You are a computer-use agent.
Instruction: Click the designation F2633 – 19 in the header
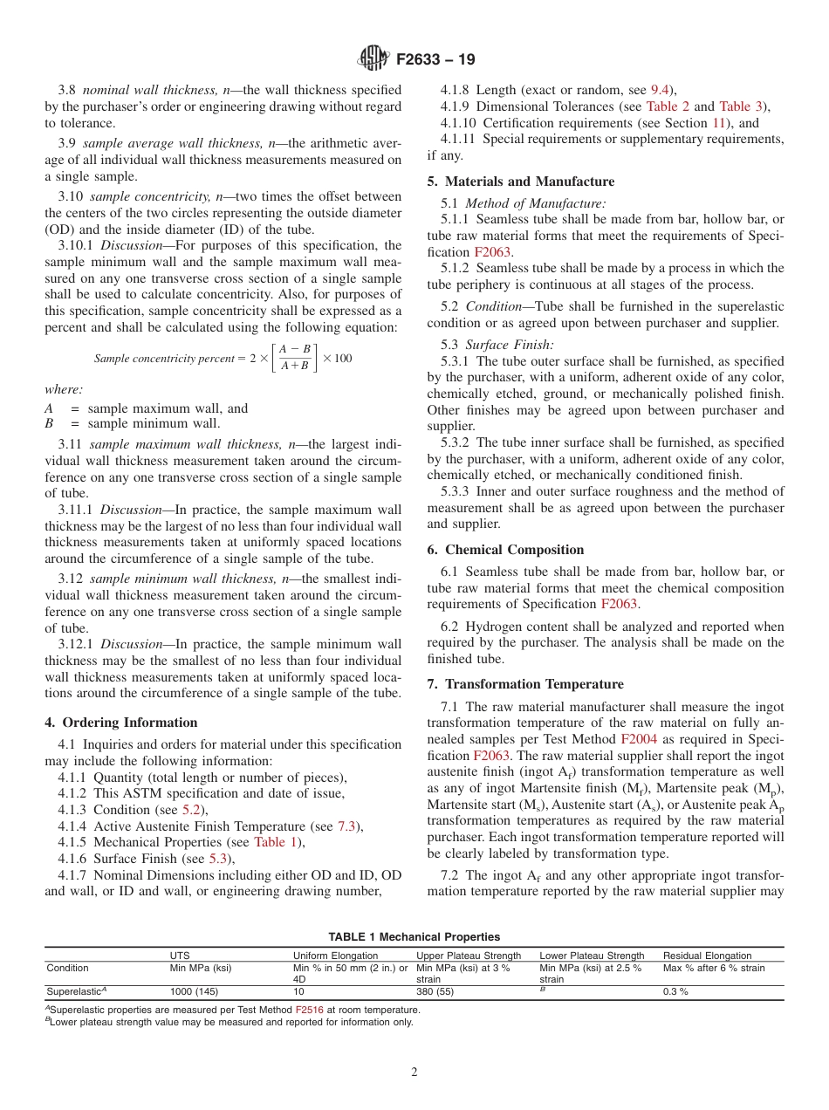click(x=435, y=60)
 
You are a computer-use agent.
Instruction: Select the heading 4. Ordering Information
click(x=121, y=723)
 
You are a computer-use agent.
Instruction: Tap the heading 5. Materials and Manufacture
click(x=521, y=182)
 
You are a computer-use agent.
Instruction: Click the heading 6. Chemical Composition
click(x=505, y=550)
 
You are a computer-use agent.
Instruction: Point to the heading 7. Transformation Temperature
click(x=524, y=683)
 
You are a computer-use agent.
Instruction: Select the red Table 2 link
click(x=668, y=106)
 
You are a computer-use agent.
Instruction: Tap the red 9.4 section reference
click(x=661, y=90)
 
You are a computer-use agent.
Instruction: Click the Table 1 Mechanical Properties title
click(x=414, y=937)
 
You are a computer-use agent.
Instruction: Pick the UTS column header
click(x=179, y=956)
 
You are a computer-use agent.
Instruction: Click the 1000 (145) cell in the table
click(x=194, y=992)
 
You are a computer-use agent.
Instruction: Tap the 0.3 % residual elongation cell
click(x=675, y=992)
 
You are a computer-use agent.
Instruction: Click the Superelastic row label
click(x=72, y=992)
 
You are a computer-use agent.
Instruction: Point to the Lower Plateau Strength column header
click(x=592, y=956)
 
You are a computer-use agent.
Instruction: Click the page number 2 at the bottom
click(x=414, y=1072)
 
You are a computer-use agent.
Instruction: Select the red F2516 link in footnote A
click(x=308, y=1010)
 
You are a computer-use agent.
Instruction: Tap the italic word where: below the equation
click(x=64, y=391)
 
